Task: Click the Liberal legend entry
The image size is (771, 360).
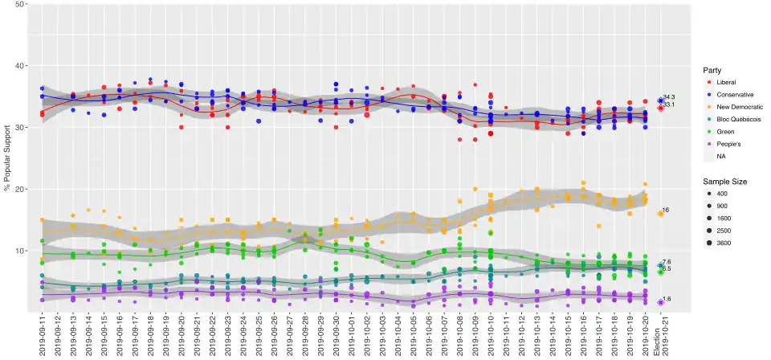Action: [x=726, y=82]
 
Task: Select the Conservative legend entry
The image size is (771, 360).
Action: [x=735, y=94]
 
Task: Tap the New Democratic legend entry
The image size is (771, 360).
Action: [x=739, y=107]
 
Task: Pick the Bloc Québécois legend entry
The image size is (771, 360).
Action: [x=738, y=119]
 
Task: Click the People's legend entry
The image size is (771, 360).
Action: [x=728, y=144]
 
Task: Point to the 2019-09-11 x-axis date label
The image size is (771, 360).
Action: [x=42, y=337]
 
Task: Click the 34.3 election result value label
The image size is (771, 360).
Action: [x=668, y=97]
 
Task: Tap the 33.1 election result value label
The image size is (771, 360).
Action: [x=668, y=105]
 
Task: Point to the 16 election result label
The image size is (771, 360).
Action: [x=665, y=211]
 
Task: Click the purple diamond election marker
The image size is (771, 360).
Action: [x=660, y=302]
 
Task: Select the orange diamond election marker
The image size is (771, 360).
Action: [x=660, y=214]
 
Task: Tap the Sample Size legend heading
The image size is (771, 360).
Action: [x=724, y=182]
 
